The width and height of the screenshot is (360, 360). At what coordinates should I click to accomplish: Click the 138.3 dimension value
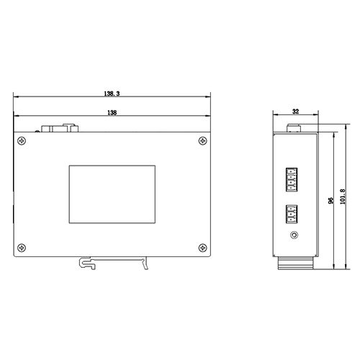(112, 94)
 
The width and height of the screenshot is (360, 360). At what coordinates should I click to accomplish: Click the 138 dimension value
(112, 112)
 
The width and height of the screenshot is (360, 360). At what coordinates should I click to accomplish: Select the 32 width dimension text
(295, 112)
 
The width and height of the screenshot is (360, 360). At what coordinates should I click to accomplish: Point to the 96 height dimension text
(331, 202)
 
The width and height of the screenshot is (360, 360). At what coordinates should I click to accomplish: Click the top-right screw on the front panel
(199, 140)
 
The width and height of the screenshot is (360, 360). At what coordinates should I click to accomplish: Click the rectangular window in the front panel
(112, 194)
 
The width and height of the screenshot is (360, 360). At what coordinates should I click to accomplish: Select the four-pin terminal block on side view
(292, 178)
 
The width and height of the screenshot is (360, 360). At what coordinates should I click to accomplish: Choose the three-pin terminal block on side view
(292, 215)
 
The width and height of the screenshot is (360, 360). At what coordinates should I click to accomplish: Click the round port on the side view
(293, 235)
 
